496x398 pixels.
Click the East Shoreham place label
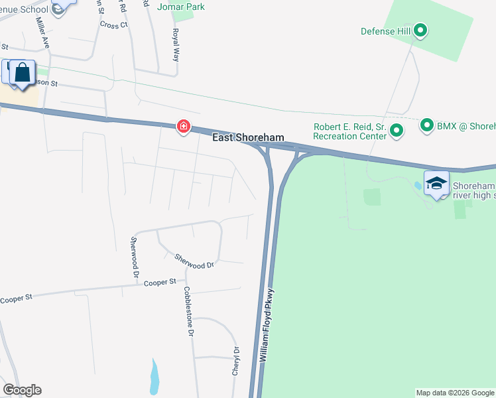pos(248,138)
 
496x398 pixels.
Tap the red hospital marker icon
pos(182,126)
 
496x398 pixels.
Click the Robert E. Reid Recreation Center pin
pos(397,131)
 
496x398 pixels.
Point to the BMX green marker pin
pos(427,125)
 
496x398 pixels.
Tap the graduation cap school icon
pos(436,184)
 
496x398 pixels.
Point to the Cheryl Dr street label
pos(235,361)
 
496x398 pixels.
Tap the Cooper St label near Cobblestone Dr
pos(159,282)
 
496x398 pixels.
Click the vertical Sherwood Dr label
pos(135,257)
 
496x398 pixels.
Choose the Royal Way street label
pos(176,44)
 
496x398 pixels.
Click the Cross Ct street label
pos(113,25)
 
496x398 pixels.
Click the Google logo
pos(22,390)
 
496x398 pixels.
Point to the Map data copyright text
pos(455,393)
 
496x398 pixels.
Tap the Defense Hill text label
pos(385,31)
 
